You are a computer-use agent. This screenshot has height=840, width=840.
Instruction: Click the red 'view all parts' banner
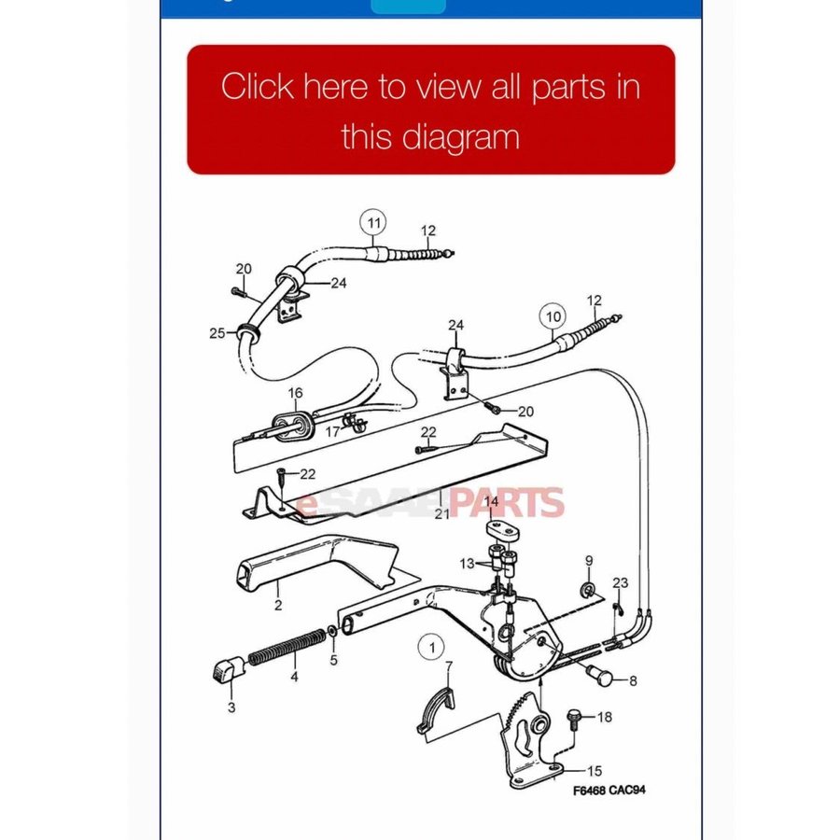pos(430,110)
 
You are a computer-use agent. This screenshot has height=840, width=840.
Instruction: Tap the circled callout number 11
pos(373,223)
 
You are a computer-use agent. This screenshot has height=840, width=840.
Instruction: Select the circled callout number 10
pos(553,316)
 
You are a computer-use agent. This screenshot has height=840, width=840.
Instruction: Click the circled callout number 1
pos(432,648)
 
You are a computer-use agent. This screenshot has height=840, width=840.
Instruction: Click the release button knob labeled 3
pos(226,671)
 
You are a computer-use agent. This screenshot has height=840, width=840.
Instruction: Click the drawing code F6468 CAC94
pos(609,791)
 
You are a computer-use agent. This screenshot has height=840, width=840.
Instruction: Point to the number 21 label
pos(442,513)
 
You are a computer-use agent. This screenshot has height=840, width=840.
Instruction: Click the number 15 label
pos(595,771)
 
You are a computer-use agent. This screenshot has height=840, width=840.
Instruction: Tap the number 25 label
pos(217,333)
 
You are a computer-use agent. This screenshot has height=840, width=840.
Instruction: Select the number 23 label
pos(621,582)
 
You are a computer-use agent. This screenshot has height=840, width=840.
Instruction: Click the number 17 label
pos(332,431)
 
